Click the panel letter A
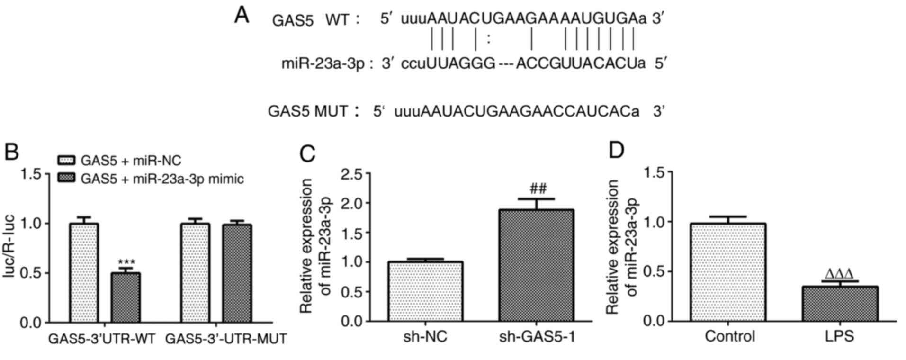coord(242,15)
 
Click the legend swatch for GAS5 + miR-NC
coord(66,161)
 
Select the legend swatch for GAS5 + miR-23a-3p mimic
coord(66,179)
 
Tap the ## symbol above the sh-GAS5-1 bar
coord(538,189)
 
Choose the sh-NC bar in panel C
coord(425,291)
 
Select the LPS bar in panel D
coord(840,304)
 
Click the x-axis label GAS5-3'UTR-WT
coord(102,339)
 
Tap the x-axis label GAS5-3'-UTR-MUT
coord(226,339)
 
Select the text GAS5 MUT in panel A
coord(307,112)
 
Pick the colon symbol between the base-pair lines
coord(488,39)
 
